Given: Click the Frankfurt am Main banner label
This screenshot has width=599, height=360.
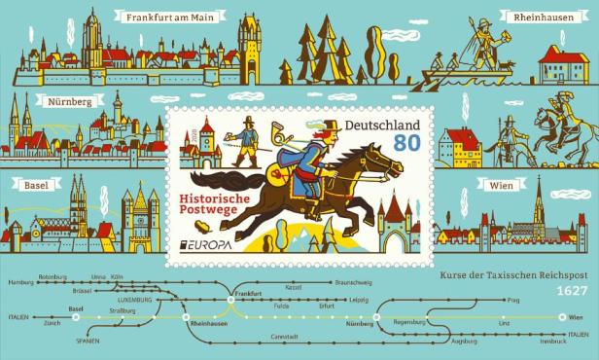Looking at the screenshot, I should coord(181,17).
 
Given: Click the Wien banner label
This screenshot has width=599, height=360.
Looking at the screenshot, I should coord(509,183).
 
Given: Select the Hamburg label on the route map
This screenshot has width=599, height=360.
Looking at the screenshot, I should coord(19,281).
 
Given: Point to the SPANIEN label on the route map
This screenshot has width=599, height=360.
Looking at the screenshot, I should coord(88,341).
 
